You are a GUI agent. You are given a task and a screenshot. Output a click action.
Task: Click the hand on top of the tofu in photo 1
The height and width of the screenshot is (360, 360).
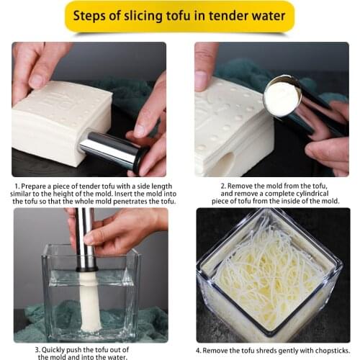point(36,68)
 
